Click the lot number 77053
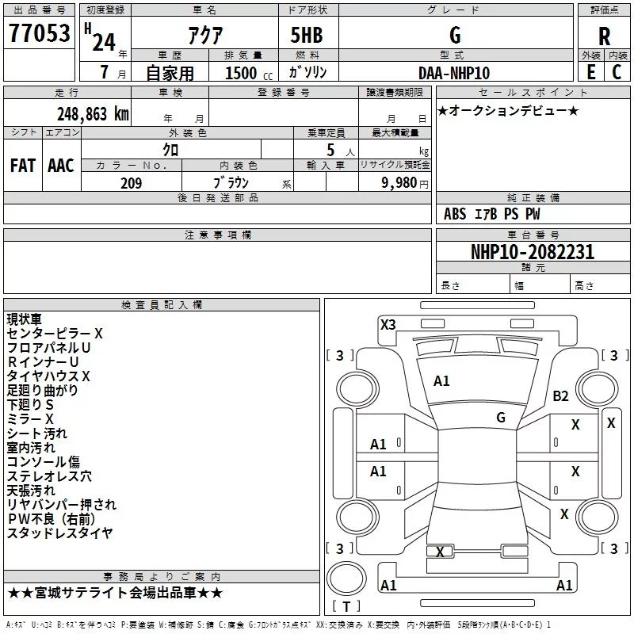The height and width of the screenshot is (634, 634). click(39, 33)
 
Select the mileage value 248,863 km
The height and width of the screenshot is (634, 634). click(93, 114)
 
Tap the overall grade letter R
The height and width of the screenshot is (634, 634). click(604, 36)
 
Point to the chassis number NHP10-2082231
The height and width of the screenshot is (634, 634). click(533, 252)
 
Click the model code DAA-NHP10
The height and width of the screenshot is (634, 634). click(454, 73)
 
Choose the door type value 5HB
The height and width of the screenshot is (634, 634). click(307, 35)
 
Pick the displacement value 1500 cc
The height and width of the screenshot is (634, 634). click(249, 73)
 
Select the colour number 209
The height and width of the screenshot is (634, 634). click(132, 183)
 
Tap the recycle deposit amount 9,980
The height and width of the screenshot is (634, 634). click(399, 183)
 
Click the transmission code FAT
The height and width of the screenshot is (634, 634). click(23, 166)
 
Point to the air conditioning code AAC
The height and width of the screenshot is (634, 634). click(61, 166)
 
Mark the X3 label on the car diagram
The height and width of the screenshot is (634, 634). click(388, 324)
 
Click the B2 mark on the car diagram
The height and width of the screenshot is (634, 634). click(560, 395)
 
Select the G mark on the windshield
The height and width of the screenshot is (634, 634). click(501, 417)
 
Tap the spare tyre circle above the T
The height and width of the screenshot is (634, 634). click(346, 579)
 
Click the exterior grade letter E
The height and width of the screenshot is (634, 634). click(590, 72)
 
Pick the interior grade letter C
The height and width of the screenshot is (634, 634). click(617, 72)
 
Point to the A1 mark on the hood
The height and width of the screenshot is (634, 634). click(441, 381)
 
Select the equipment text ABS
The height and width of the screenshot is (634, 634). click(455, 214)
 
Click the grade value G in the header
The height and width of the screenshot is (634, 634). click(455, 35)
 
